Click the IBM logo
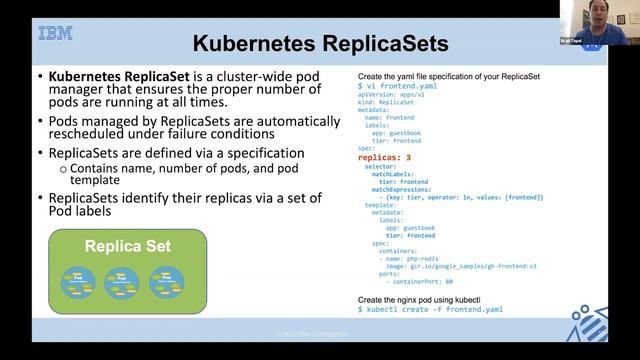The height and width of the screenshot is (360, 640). [55, 34]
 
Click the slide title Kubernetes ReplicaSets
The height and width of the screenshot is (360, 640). [320, 44]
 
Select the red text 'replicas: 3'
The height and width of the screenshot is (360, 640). [385, 157]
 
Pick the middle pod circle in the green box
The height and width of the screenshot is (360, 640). [120, 281]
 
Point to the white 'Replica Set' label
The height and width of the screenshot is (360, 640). [127, 246]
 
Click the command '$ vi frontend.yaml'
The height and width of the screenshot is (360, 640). [397, 87]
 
